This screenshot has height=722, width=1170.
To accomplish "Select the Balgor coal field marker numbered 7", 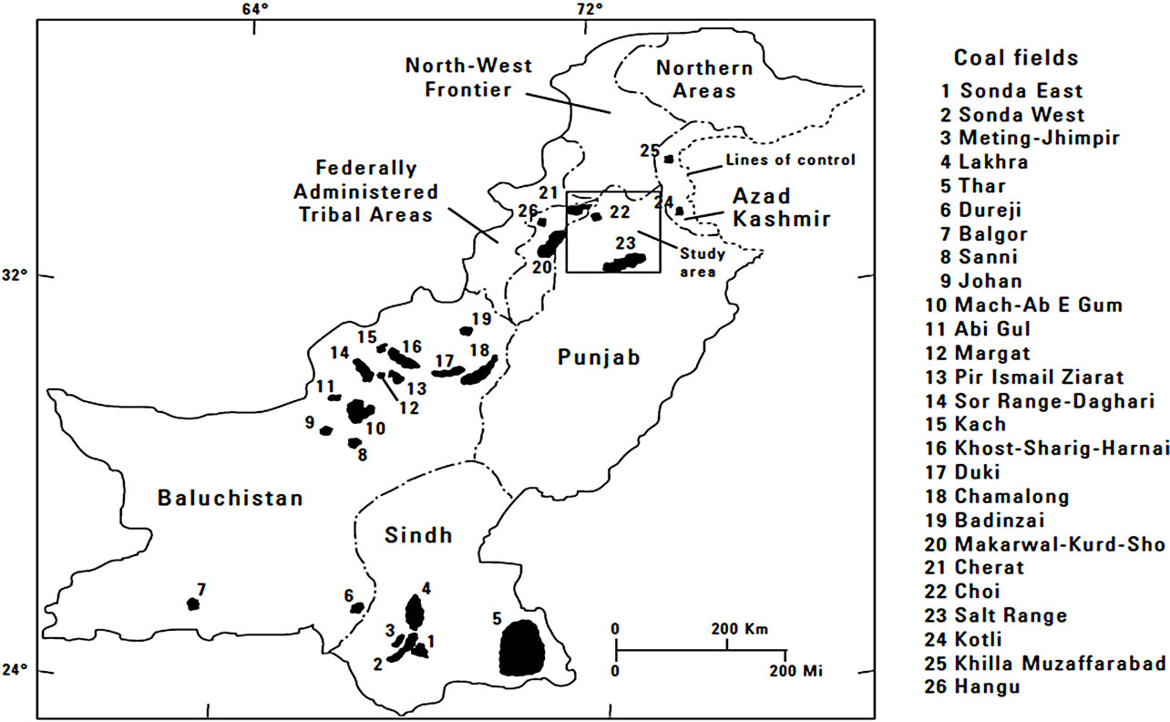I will point(192,603).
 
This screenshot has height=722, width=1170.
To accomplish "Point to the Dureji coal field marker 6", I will point(357,607).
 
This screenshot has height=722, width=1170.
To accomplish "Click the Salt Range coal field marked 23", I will point(625,263).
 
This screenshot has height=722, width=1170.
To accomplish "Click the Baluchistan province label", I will point(229,499).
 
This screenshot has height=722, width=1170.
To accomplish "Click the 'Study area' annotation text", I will point(697,263).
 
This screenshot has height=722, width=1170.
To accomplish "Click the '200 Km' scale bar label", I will point(740,630).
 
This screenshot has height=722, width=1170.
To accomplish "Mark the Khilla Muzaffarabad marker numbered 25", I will point(669,159).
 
